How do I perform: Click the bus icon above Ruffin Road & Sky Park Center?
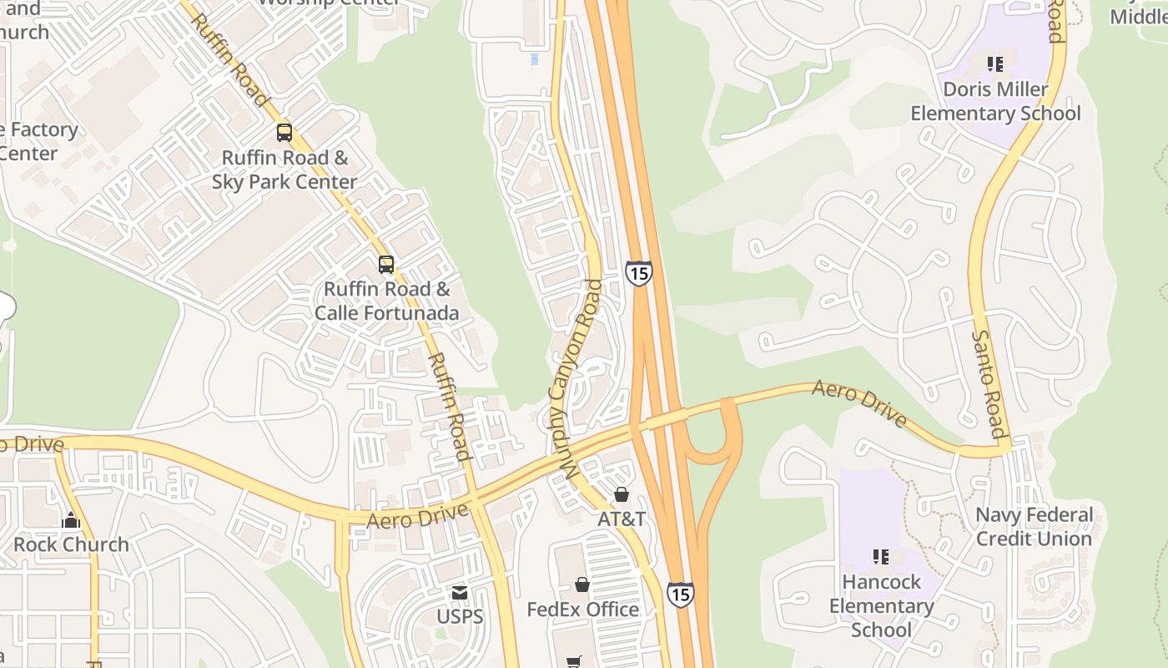pyautogui.click(x=284, y=132)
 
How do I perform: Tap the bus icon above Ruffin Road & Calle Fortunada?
pyautogui.click(x=385, y=265)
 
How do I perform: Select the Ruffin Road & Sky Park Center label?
pyautogui.click(x=284, y=170)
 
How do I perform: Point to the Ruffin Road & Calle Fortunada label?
pyautogui.click(x=386, y=301)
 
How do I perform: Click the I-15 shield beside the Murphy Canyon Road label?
pyautogui.click(x=638, y=273)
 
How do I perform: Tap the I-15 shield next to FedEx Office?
pyautogui.click(x=680, y=594)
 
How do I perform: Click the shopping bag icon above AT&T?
pyautogui.click(x=621, y=494)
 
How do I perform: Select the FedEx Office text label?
pyautogui.click(x=582, y=610)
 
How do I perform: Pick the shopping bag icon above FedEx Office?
pyautogui.click(x=582, y=584)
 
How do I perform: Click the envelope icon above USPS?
pyautogui.click(x=460, y=592)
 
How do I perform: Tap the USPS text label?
pyautogui.click(x=460, y=617)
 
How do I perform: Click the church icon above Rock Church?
pyautogui.click(x=71, y=520)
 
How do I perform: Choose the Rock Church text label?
pyautogui.click(x=71, y=544)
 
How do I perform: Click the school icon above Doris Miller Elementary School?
pyautogui.click(x=994, y=64)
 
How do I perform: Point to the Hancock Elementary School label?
pyautogui.click(x=881, y=605)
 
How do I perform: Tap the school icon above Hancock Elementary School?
pyautogui.click(x=881, y=556)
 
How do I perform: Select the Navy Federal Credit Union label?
pyautogui.click(x=1034, y=527)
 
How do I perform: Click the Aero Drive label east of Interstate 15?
pyautogui.click(x=859, y=402)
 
